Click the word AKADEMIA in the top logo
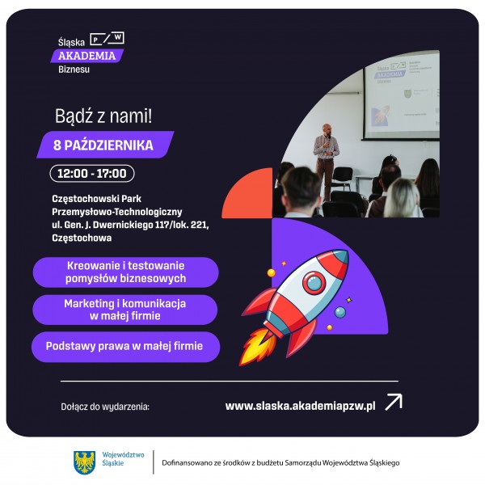click(x=87, y=56)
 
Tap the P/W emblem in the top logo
click(x=107, y=38)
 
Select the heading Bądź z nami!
click(x=103, y=116)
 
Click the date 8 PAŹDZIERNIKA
click(x=103, y=145)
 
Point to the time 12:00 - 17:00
click(x=92, y=173)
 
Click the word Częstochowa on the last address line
click(x=82, y=238)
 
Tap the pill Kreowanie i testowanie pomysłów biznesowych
click(x=125, y=272)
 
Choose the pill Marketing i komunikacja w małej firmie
click(x=125, y=310)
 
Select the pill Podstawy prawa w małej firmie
click(x=125, y=347)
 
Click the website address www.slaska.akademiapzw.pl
click(x=301, y=406)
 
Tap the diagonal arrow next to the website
click(x=394, y=402)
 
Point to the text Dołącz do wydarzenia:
click(x=105, y=407)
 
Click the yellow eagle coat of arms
click(x=84, y=462)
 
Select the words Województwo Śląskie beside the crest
click(x=123, y=459)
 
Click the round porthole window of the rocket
click(x=314, y=282)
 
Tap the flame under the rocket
click(x=256, y=346)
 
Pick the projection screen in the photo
click(x=402, y=96)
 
